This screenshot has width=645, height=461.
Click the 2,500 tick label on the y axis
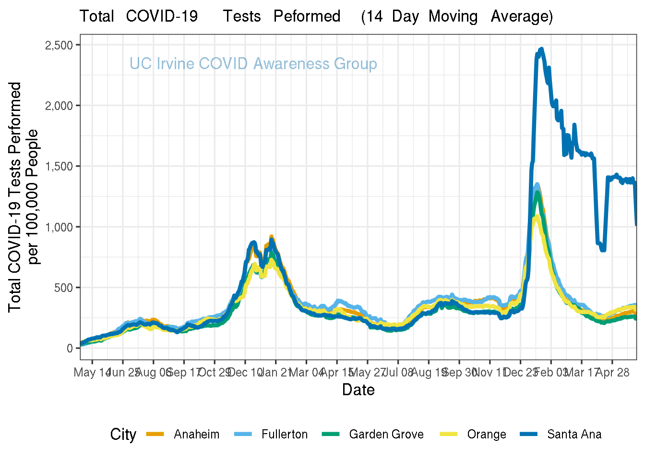[x=59, y=45]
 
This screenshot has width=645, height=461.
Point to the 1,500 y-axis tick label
[x=59, y=167]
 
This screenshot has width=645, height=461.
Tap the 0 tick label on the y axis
[x=70, y=348]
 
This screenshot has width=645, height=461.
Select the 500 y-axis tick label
[x=63, y=288]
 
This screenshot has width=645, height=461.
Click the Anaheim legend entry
[x=196, y=435]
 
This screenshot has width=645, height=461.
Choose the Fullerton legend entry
[x=284, y=435]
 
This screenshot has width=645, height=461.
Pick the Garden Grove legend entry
[x=386, y=435]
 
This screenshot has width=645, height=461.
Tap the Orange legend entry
[x=486, y=435]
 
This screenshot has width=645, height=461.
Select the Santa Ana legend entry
[x=574, y=435]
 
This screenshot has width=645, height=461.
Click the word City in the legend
[x=123, y=435]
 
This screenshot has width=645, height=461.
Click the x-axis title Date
[x=358, y=389]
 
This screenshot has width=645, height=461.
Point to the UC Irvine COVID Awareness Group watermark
[x=253, y=64]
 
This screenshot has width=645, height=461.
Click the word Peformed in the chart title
[x=307, y=16]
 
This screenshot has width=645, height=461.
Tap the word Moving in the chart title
[x=453, y=16]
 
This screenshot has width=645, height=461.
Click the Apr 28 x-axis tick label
[x=613, y=373]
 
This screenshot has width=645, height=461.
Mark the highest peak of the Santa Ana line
[x=541, y=49]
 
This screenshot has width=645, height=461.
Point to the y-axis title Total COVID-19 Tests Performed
[x=15, y=197]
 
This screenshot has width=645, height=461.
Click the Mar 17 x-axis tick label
[x=581, y=373]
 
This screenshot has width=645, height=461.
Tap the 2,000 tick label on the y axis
[x=59, y=106]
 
